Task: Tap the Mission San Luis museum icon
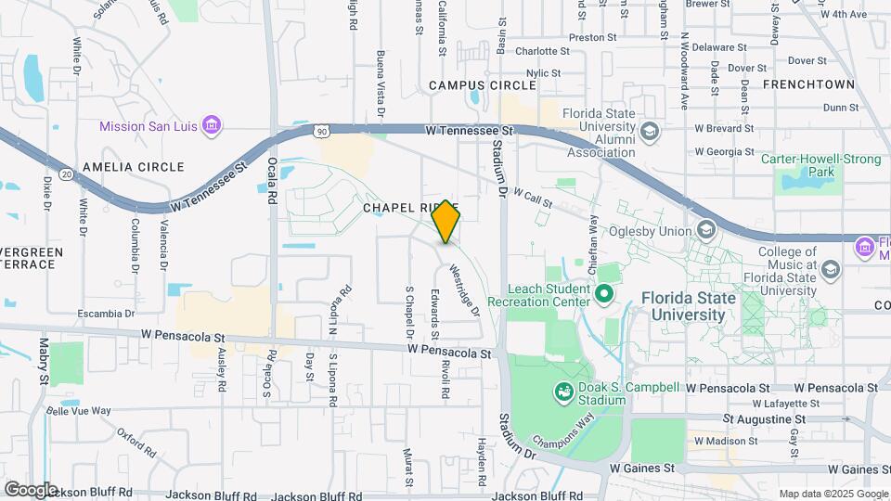pos(211,124)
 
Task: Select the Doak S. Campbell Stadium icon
pos(563,392)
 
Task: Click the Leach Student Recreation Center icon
pos(605,295)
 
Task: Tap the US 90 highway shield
pos(319,132)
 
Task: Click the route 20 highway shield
pos(66,173)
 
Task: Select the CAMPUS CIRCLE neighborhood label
pos(482,85)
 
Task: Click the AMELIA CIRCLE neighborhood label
pos(133,167)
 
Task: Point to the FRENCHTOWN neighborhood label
pos(807,84)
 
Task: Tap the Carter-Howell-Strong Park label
pos(820,165)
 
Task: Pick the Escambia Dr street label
pos(106,314)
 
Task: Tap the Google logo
pos(30,489)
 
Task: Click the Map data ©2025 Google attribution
pos(833,494)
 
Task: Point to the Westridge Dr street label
pos(464,290)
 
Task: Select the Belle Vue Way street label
pos(78,410)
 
